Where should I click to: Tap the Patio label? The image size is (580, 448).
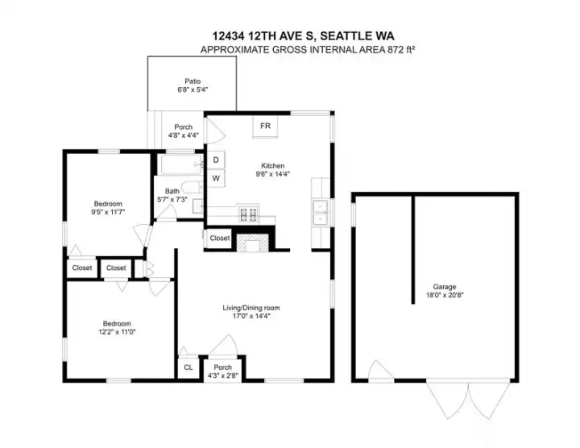(x=192, y=81)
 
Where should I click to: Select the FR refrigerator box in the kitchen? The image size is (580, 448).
(x=265, y=127)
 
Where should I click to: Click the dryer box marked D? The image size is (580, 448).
(x=216, y=160)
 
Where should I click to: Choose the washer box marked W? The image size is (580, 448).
(x=216, y=177)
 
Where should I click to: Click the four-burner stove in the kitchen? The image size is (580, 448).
(x=249, y=214)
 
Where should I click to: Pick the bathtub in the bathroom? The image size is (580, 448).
(x=178, y=167)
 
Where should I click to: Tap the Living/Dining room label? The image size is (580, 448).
(x=251, y=307)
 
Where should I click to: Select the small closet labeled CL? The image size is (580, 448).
(x=188, y=367)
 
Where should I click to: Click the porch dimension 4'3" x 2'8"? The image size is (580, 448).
(x=222, y=375)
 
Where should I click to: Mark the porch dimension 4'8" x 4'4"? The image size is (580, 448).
(x=183, y=135)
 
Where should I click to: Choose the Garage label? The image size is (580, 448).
(x=444, y=286)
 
